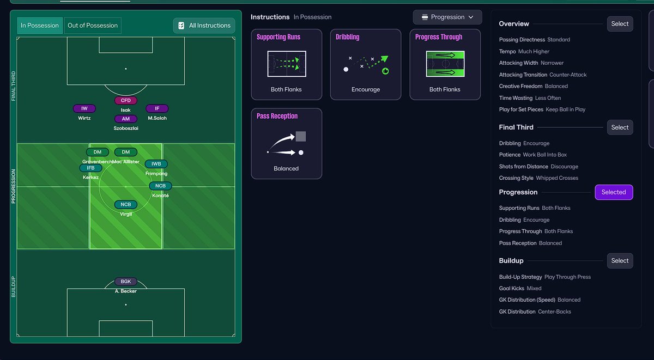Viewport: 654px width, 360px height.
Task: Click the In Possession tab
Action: click(40, 26)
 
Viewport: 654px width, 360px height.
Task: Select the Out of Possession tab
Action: click(93, 26)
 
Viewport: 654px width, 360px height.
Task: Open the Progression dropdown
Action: click(447, 17)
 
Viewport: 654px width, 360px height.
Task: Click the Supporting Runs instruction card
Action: click(286, 64)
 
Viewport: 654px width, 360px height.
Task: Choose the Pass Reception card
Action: click(286, 143)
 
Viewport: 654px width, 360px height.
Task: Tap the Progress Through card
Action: click(445, 64)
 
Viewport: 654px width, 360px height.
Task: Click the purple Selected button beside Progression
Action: click(614, 192)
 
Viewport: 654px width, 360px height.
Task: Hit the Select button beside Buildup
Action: click(620, 261)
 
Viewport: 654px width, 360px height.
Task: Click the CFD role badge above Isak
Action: click(126, 100)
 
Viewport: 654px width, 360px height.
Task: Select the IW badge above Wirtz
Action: click(84, 108)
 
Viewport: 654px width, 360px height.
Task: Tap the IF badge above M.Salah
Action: click(157, 108)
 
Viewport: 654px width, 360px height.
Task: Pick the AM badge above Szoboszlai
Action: click(126, 119)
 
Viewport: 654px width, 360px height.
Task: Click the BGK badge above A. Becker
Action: click(126, 282)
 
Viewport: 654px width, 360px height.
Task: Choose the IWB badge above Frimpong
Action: click(156, 164)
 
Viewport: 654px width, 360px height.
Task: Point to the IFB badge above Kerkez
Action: click(91, 168)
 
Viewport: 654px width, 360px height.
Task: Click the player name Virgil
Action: click(126, 214)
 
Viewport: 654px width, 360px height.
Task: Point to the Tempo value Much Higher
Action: click(534, 52)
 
